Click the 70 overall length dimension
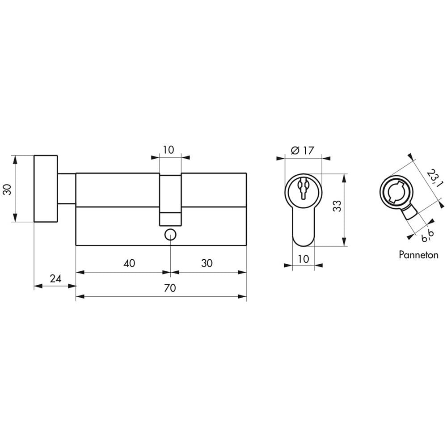[x=170, y=288]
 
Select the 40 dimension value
[x=129, y=263]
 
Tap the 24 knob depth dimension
[x=55, y=278]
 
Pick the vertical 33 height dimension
[x=337, y=206]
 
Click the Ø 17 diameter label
[x=303, y=150]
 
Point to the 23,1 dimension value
[x=434, y=179]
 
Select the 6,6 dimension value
[x=427, y=236]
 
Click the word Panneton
[x=418, y=255]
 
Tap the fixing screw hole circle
[x=170, y=235]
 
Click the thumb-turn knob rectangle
[x=46, y=189]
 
